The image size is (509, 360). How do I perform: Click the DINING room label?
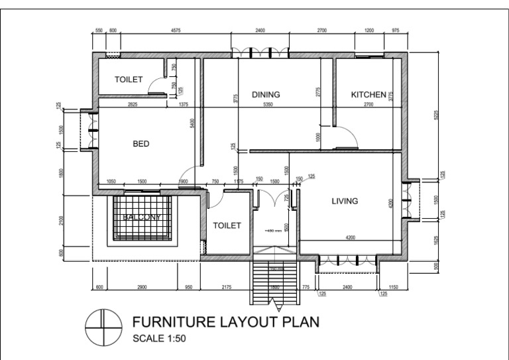pos(266,95)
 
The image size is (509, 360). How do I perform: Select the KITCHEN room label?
pos(368,95)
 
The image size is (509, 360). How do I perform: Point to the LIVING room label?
pos(345,201)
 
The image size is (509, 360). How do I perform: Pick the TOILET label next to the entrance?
pos(227,225)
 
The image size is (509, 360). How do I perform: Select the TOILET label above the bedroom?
pos(129,80)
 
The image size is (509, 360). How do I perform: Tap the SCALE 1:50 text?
pos(160,339)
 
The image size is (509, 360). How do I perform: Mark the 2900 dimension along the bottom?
pos(142,286)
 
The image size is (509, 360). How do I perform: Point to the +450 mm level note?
pos(272,231)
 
